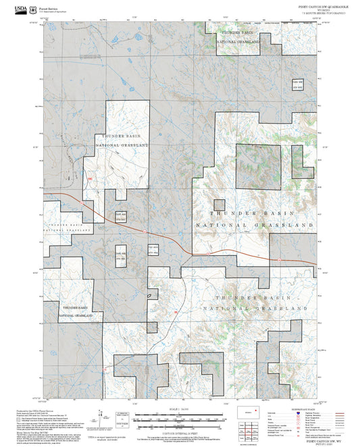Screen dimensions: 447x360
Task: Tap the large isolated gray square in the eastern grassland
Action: click(257, 166)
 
